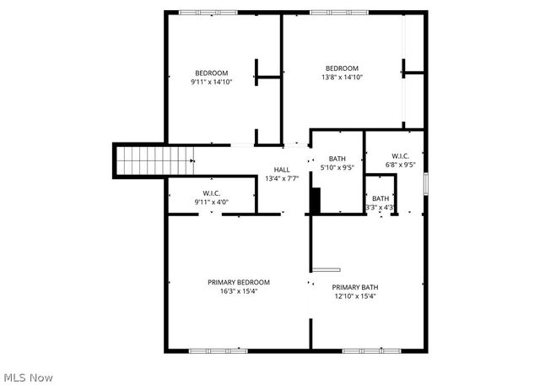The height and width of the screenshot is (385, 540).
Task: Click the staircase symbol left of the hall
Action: point(142,160)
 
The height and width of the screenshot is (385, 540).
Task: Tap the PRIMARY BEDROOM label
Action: point(239,282)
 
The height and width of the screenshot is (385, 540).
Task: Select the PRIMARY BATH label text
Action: point(354,287)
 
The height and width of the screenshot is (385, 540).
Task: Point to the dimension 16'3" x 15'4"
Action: point(239,291)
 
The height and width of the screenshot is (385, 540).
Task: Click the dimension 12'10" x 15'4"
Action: point(354,296)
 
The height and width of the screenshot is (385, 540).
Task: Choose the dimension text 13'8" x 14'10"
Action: point(343,78)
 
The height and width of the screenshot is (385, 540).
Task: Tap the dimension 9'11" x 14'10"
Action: point(211,82)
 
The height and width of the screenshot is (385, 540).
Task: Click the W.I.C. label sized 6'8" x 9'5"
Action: point(400,156)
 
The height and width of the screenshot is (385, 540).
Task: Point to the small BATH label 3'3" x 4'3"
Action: point(381,198)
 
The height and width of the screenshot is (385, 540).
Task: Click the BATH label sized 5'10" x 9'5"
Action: point(337,159)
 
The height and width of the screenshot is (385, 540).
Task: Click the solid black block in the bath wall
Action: point(316,201)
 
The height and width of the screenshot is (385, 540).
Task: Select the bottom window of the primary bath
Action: point(365,350)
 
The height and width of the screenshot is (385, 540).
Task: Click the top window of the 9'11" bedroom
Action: point(208,12)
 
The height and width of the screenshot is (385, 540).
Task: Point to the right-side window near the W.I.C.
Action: point(426,184)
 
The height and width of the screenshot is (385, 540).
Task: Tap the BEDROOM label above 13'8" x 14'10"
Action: point(343,68)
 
